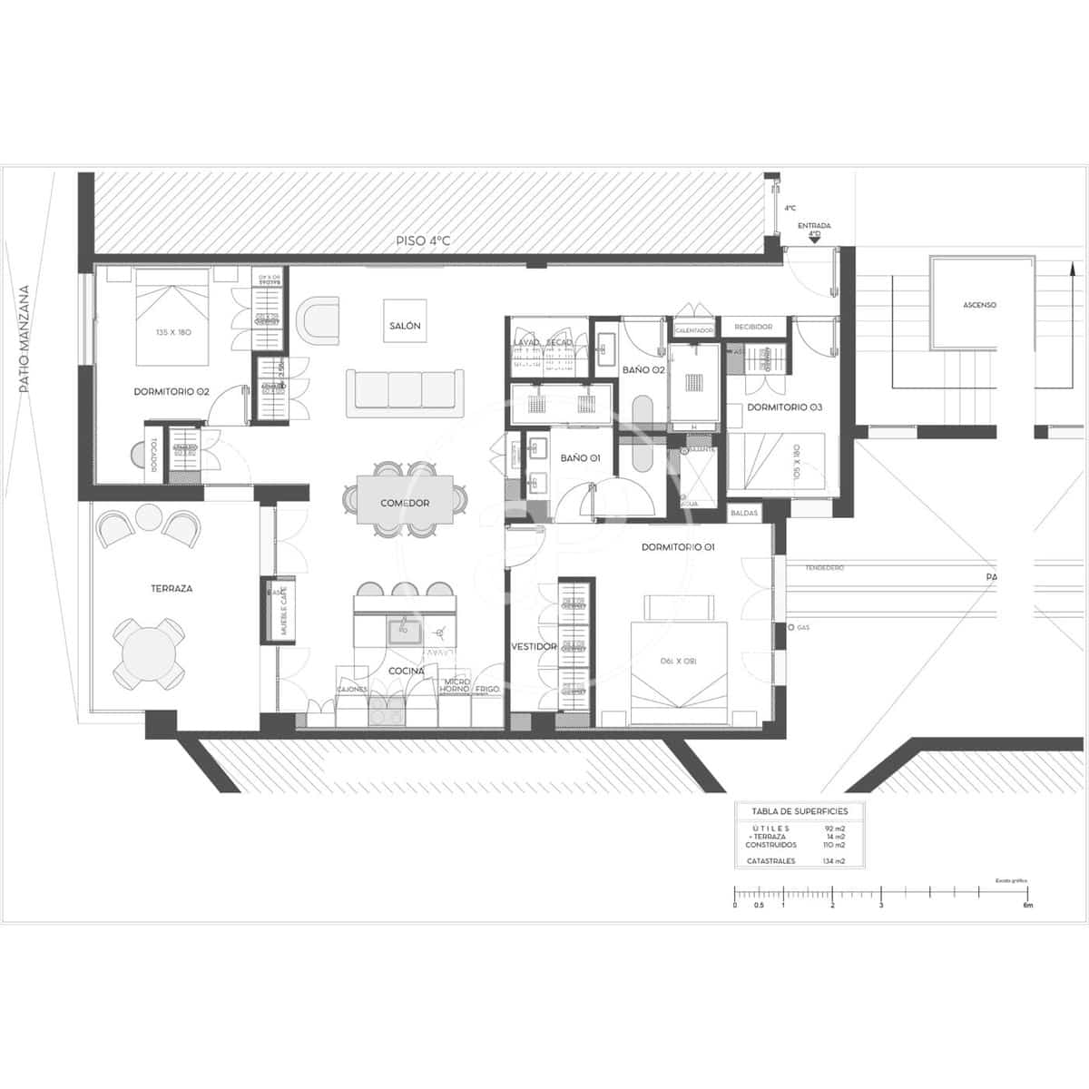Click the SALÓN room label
click(405, 326)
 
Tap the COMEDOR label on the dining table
click(405, 503)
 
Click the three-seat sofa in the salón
click(406, 390)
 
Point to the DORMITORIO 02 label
click(172, 392)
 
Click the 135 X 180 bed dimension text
click(172, 332)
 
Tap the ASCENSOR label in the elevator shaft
click(979, 305)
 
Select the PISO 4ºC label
click(423, 241)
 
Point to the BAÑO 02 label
click(643, 370)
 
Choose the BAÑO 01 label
click(580, 458)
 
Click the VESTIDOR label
click(534, 647)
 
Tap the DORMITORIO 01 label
click(678, 547)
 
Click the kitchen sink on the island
click(403, 630)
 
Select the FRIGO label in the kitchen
click(487, 690)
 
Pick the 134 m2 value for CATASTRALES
click(833, 860)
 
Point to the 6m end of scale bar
click(1027, 905)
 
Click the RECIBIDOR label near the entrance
click(753, 327)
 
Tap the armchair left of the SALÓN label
click(319, 321)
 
